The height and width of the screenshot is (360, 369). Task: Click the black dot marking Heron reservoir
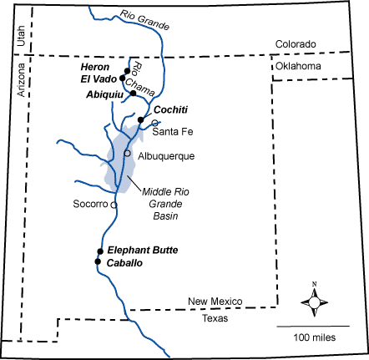coord(127,71)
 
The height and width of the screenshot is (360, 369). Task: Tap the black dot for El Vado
coord(122,79)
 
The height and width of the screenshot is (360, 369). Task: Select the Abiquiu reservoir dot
coord(134,94)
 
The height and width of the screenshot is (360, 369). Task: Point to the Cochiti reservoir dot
coord(141,120)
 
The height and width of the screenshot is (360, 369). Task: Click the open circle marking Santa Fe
coord(154,123)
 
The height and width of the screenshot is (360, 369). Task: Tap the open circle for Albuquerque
coord(127,153)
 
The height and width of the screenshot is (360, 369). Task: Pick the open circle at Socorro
coord(114,205)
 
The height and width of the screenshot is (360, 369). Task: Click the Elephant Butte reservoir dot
coord(100,251)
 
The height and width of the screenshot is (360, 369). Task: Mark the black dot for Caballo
coord(98,261)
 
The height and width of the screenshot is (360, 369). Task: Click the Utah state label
coord(21,36)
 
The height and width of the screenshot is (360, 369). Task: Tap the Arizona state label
coord(21,80)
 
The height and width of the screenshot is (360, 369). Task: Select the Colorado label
coord(296,44)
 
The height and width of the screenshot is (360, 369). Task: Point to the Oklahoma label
coord(298,66)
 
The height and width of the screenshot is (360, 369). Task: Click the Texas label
coord(215,318)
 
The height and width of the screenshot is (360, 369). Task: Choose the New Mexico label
coord(215,302)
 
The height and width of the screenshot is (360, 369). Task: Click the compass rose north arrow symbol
coord(315,301)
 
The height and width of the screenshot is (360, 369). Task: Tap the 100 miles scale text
coord(315,337)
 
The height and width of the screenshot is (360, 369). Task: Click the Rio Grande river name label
coord(144,19)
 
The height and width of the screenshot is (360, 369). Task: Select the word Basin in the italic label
coord(165,216)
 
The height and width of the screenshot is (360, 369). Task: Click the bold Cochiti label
coord(170,109)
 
